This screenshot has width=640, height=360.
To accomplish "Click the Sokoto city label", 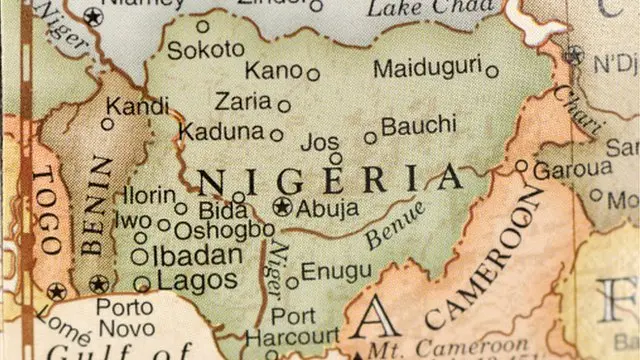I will tap(205, 49).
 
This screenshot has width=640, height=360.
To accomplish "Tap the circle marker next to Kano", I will tap(313, 74).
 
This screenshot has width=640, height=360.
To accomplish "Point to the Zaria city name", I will tap(243, 101).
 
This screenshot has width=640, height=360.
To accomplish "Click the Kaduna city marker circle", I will tap(277, 133).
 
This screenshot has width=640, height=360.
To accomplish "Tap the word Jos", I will tap(320, 142).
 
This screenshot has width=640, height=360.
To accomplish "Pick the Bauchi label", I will tap(418, 128).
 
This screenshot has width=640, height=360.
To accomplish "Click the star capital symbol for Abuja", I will tap(282, 208).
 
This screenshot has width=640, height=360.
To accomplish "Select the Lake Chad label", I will tap(417, 9).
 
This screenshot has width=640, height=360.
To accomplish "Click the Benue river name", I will tap(395, 225).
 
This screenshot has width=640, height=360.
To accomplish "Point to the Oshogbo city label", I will tap(223, 230).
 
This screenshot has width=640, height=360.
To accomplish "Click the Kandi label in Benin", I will tap(138, 105).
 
